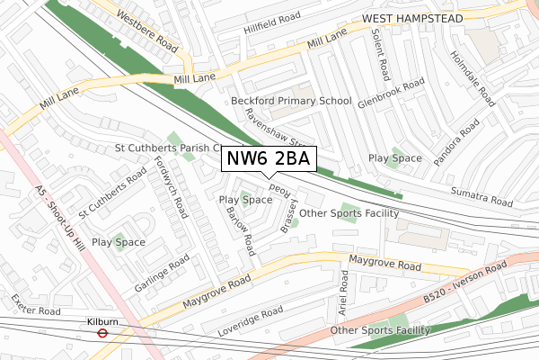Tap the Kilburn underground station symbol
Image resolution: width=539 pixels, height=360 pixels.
click(x=103, y=332)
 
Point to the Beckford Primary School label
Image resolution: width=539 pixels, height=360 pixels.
click(x=291, y=101)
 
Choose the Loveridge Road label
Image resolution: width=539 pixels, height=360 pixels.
click(x=251, y=320)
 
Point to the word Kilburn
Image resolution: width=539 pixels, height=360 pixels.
click(x=103, y=319)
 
